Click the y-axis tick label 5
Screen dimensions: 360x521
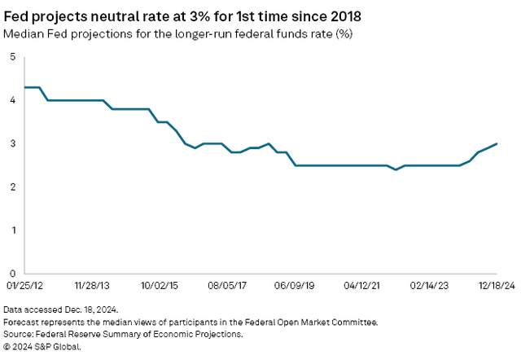tap(12, 57)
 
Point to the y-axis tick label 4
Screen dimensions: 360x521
tap(12, 100)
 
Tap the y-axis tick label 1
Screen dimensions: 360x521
tap(12, 230)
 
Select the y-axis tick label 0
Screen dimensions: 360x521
tap(12, 273)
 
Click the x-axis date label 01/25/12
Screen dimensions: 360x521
tap(24, 287)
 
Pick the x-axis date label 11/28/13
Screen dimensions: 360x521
tap(92, 287)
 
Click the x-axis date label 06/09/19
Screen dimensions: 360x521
tap(294, 287)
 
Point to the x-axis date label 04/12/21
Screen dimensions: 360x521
tap(361, 287)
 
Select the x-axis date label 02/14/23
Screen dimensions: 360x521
tap(428, 287)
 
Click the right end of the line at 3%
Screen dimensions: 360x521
tap(497, 143)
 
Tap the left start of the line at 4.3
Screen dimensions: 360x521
tap(25, 87)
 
